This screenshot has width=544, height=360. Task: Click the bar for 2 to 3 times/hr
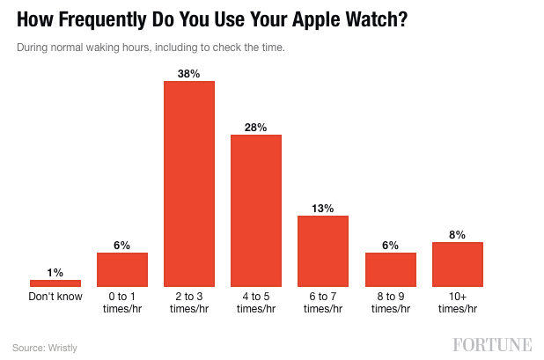tap(189, 184)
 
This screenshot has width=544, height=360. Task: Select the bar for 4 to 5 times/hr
tap(256, 210)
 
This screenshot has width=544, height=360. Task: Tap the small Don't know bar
tap(55, 283)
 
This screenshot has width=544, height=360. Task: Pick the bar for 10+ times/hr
tap(458, 264)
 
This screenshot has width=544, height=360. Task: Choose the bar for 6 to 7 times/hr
tap(323, 251)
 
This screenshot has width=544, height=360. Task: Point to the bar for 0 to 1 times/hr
tap(122, 269)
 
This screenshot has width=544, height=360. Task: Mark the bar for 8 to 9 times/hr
tap(391, 269)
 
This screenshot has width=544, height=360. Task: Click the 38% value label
tap(189, 74)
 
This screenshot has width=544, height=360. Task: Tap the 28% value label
tap(256, 128)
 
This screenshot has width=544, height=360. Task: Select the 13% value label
tap(323, 209)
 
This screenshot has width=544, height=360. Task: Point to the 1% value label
tap(55, 273)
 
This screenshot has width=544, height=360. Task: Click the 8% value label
tap(458, 235)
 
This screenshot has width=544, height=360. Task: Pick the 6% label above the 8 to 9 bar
tap(391, 246)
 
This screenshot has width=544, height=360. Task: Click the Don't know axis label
tap(55, 297)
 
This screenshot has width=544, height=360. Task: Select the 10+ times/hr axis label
tap(458, 302)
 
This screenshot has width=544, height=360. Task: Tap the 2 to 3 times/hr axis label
tap(189, 302)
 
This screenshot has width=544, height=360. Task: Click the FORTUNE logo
tap(493, 344)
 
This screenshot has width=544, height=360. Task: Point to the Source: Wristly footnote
tap(45, 348)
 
